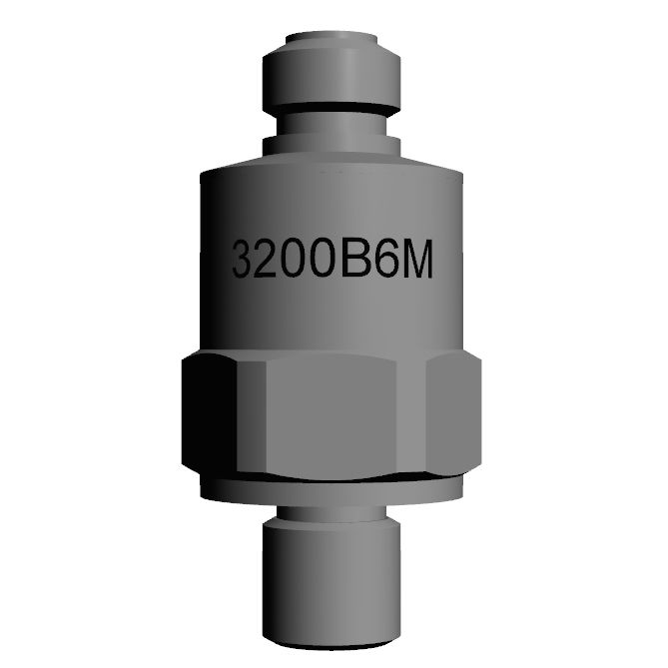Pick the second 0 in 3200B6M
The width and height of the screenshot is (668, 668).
point(328,259)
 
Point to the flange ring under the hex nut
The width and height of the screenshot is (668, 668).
point(333,489)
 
